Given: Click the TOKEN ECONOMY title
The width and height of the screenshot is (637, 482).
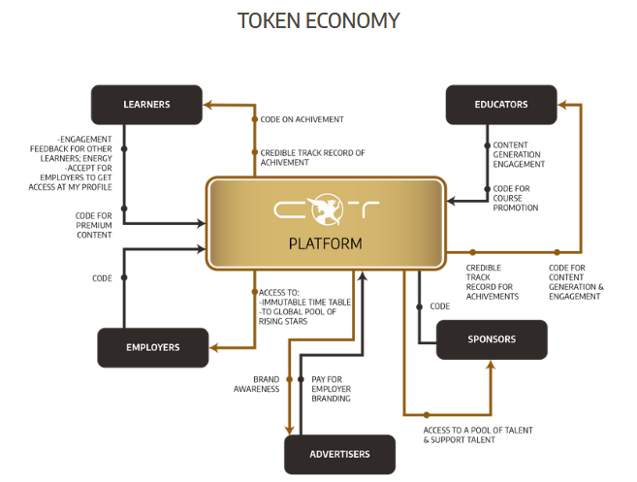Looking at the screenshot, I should [318, 20].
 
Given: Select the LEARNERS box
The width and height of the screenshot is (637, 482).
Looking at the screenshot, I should [146, 105].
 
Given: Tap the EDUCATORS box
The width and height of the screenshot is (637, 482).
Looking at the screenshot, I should [501, 105].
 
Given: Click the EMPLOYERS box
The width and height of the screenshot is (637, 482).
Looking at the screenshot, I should [153, 347].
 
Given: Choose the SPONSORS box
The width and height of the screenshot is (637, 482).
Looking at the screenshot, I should [492, 339].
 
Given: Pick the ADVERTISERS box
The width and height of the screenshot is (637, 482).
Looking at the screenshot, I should [340, 454].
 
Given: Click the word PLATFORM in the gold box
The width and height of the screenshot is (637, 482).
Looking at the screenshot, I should [326, 243].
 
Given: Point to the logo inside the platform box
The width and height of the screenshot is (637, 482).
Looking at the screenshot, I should [326, 209].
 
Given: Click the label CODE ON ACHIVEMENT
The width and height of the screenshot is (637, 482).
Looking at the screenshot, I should [302, 120].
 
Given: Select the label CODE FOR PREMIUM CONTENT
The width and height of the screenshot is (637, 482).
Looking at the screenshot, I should [93, 225].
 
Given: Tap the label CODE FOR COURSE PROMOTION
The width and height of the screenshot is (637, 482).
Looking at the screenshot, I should [515, 198].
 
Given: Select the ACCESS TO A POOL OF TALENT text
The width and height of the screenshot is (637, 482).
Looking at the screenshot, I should [477, 434].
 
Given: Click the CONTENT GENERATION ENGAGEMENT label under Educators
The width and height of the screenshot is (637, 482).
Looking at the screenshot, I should [519, 155].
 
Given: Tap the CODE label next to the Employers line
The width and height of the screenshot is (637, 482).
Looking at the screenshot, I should [103, 278].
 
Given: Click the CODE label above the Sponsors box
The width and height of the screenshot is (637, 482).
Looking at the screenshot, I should [439, 306].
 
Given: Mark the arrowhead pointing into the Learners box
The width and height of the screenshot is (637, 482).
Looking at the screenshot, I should [207, 104].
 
